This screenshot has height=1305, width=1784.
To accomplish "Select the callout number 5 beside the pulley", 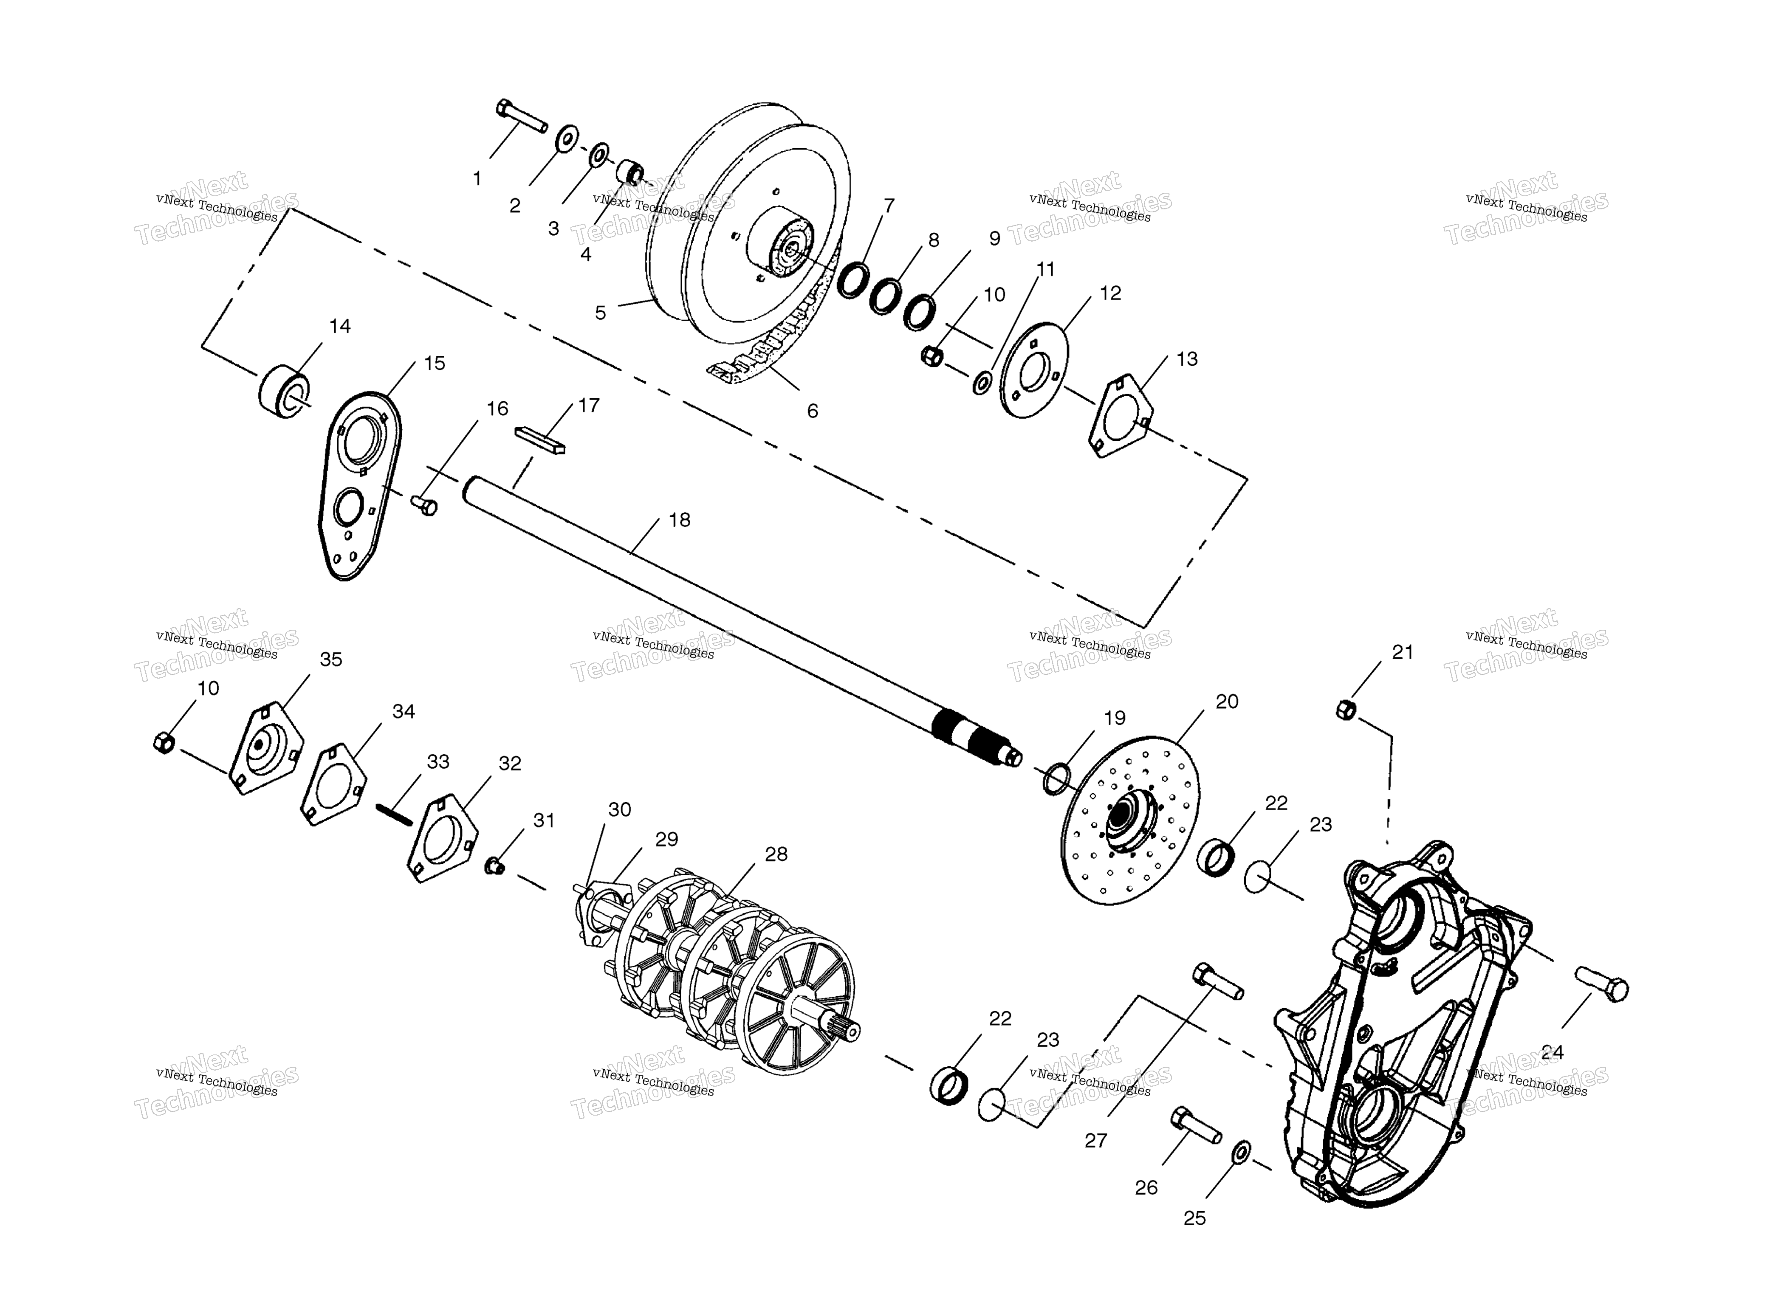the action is (601, 313).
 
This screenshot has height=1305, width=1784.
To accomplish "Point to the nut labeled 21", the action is (1346, 709).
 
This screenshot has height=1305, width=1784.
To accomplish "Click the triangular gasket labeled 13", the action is (1121, 415).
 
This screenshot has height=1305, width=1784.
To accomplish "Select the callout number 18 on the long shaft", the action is (680, 520).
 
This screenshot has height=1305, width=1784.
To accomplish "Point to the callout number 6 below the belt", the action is (812, 411).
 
